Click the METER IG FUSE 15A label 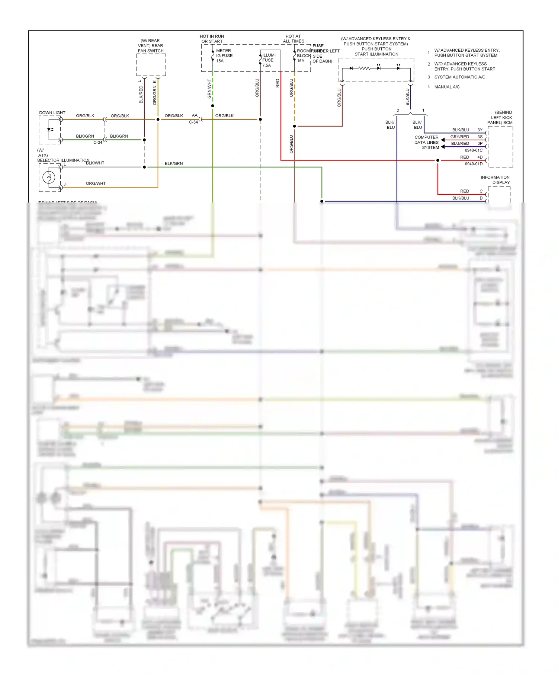point(224,56)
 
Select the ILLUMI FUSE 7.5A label point(269,60)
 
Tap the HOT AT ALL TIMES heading point(294,39)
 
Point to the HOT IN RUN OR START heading point(212,39)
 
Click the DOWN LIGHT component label point(52,113)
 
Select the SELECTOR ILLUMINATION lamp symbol point(49,177)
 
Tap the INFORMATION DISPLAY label point(496,180)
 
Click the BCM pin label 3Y point(480,130)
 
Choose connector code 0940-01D point(474,164)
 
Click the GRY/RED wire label point(459,137)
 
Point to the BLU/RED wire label point(460,143)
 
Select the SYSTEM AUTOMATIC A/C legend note point(459,77)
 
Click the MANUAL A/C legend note point(447,87)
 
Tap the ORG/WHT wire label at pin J point(96,184)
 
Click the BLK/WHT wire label point(95,163)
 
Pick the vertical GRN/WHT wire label point(209,89)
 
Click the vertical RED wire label point(278,83)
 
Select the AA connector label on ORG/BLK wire point(195,115)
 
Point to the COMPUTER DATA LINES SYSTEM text point(427,143)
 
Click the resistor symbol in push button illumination point(364,68)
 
